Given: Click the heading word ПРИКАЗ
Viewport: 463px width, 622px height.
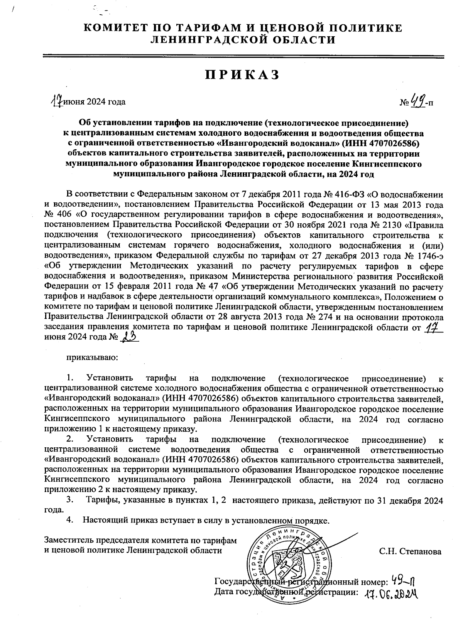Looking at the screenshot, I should (x=242, y=75).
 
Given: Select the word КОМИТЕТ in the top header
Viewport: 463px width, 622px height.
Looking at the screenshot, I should (x=114, y=29).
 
